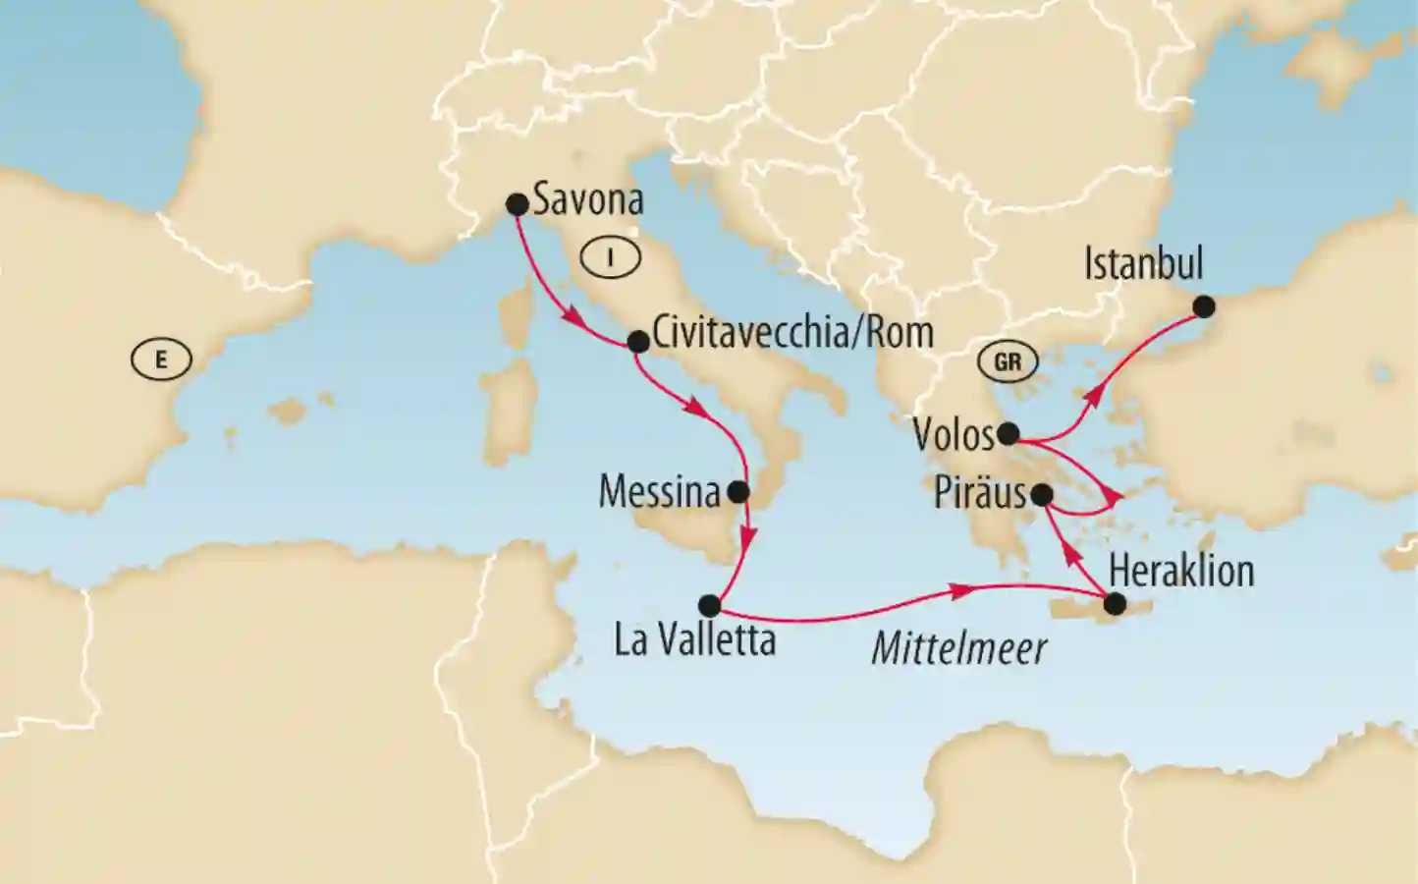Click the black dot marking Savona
(517, 204)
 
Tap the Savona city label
(588, 200)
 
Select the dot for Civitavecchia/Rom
(637, 341)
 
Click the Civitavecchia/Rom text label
(792, 333)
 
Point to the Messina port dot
(738, 491)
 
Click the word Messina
(660, 492)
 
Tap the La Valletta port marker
(709, 605)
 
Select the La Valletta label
(695, 640)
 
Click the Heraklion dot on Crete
(1115, 604)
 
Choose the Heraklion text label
(1181, 571)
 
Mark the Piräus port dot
(1042, 495)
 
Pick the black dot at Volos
(1008, 433)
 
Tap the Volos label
(954, 434)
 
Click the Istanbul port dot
(1203, 306)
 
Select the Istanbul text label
(1143, 263)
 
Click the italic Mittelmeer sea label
(958, 649)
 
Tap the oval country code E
(161, 359)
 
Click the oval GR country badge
(1008, 362)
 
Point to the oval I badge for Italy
(610, 257)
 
